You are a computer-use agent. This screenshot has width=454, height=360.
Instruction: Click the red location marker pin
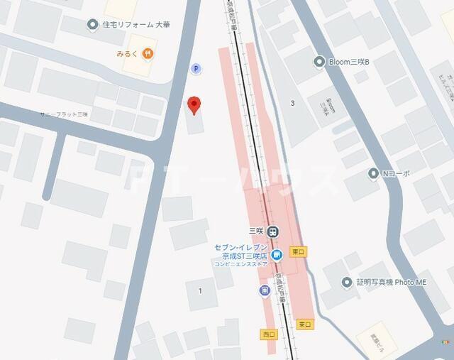(x=194, y=105)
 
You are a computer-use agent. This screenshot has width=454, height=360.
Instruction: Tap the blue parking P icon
(x=196, y=68)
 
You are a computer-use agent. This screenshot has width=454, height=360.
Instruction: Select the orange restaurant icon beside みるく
(x=147, y=53)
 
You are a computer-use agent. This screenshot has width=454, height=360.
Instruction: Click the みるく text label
(x=128, y=53)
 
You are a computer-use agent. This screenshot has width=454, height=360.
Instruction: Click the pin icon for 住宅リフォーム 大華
(x=92, y=26)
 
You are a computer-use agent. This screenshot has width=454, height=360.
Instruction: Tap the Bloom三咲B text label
(x=349, y=62)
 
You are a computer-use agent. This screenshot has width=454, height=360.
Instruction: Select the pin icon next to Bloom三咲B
(x=319, y=62)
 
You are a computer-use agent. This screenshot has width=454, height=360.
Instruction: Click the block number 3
(x=292, y=104)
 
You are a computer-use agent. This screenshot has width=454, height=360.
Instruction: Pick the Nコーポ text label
(x=397, y=173)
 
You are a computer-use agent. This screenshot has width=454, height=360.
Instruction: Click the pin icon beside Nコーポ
(x=373, y=173)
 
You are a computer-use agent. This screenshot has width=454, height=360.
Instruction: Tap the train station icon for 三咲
(x=274, y=231)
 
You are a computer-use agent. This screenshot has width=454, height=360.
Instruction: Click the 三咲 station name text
(x=256, y=231)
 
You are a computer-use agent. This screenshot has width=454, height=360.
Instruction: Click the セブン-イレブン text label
(x=240, y=247)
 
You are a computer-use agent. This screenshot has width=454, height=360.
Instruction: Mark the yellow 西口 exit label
(x=268, y=333)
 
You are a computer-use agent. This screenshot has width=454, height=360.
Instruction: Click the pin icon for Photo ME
(x=347, y=283)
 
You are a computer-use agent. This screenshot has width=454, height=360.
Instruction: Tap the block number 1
(x=200, y=290)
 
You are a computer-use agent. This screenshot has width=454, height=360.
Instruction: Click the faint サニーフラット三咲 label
(x=64, y=114)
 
